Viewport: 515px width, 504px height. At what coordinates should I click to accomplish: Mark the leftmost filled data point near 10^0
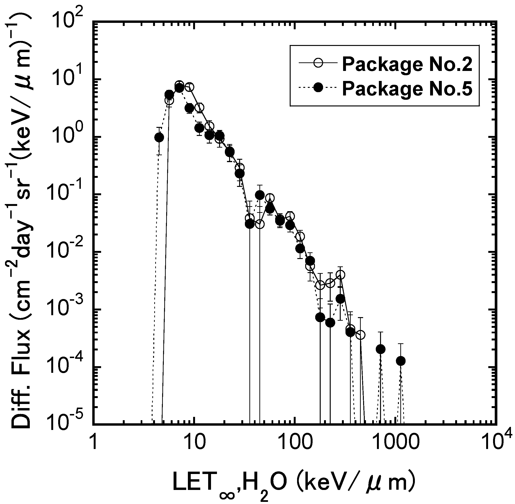tap(159, 137)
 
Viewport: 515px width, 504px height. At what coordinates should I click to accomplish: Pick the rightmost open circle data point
tap(360, 335)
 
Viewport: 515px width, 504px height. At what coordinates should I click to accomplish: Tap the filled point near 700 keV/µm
tap(381, 349)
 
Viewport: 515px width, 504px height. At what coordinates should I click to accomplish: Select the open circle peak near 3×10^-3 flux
tap(341, 275)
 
